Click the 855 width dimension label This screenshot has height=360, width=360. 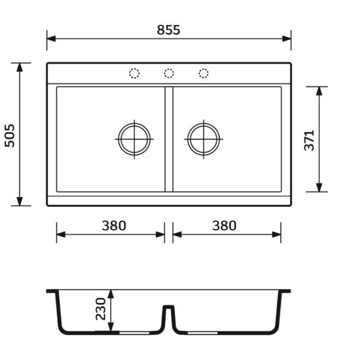click(168, 30)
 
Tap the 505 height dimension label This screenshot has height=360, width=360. click(10, 136)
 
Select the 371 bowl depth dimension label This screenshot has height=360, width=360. click(309, 140)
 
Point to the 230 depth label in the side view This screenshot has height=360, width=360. click(101, 309)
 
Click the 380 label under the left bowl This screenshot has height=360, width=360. click(114, 226)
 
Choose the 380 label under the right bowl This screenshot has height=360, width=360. click(224, 226)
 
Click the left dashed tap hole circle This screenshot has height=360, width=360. click(134, 74)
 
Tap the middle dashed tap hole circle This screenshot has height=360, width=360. click(169, 74)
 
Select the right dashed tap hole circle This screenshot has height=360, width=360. click(204, 74)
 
